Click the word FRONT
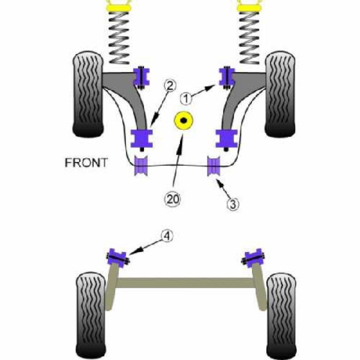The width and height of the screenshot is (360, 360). click(86, 162)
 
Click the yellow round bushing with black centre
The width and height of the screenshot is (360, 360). click(184, 121)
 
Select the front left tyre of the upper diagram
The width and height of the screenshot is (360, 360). click(88, 95)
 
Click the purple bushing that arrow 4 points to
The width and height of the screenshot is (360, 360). click(118, 257)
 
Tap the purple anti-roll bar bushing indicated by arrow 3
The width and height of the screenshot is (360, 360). click(214, 167)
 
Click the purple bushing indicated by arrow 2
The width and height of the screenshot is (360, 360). click(142, 138)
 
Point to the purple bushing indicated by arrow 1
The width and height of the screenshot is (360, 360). click(227, 77)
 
